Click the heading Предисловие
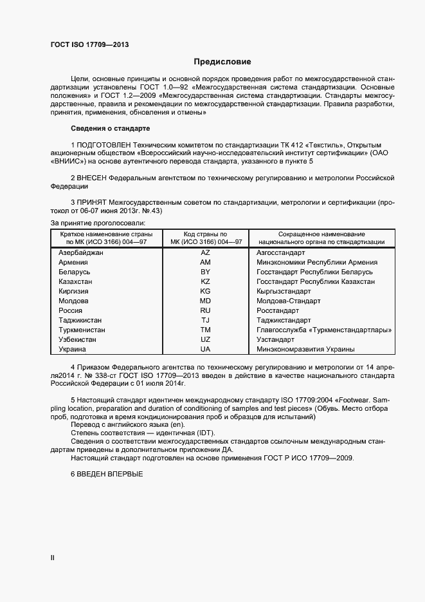(222, 62)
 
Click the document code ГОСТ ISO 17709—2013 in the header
(90, 44)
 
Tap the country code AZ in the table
(205, 252)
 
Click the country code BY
(205, 272)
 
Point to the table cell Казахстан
(75, 281)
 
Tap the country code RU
(205, 310)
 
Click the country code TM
(205, 330)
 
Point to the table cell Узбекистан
(77, 339)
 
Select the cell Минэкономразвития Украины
(305, 349)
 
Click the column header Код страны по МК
(205, 238)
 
